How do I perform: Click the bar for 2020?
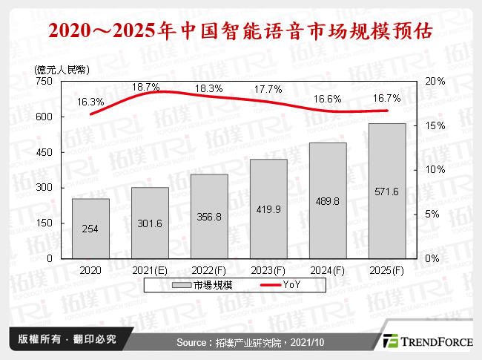(90, 229)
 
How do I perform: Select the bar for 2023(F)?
(268, 209)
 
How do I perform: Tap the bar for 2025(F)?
(387, 191)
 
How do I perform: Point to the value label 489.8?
(328, 201)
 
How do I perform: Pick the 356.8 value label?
(209, 217)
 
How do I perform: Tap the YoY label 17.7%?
(268, 90)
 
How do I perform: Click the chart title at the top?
(241, 32)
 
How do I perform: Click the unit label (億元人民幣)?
(62, 69)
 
